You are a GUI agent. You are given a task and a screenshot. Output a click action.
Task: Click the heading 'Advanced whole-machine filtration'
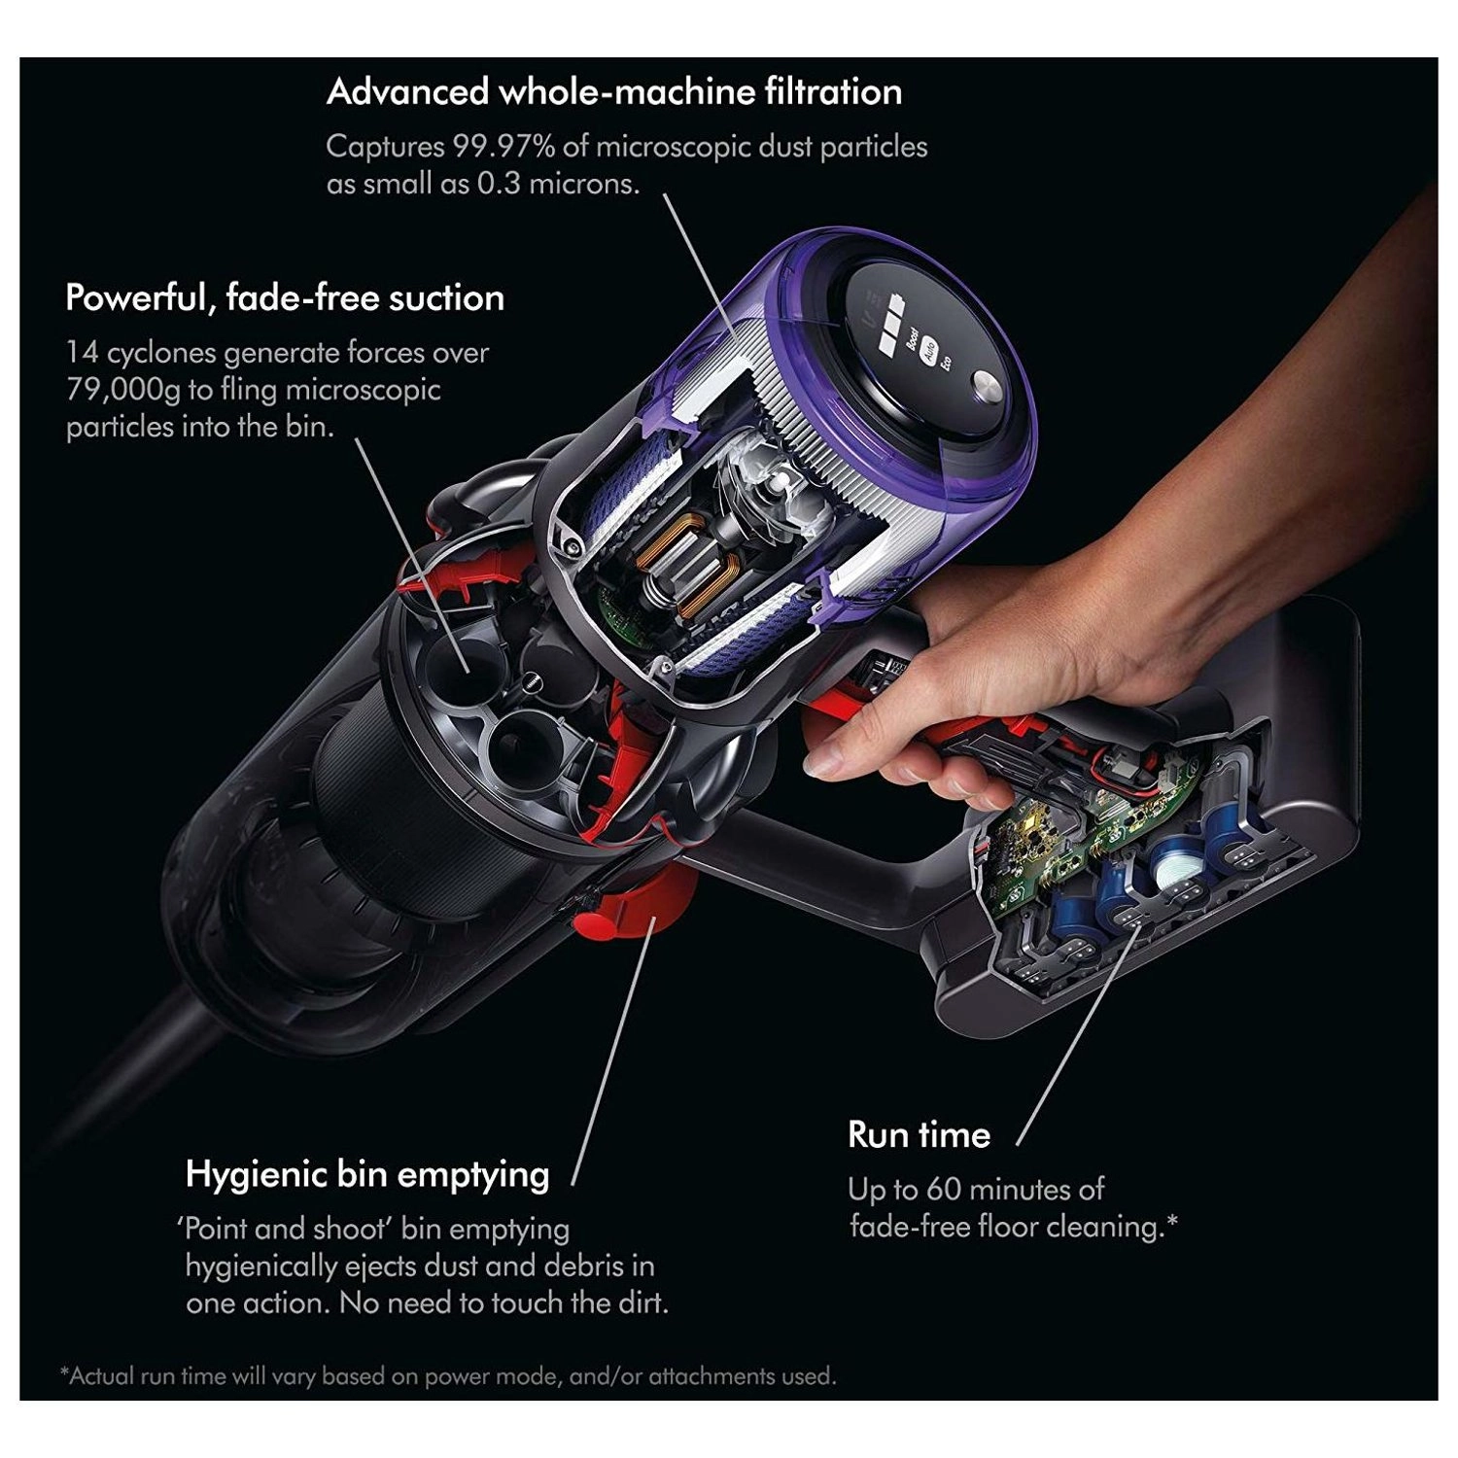(614, 91)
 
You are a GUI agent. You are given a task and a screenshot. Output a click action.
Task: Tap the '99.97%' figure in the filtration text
(503, 147)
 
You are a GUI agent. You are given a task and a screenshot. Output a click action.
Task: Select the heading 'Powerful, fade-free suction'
(285, 297)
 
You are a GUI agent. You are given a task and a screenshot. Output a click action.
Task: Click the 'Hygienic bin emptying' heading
(367, 1174)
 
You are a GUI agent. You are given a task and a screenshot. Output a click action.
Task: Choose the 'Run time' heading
(919, 1134)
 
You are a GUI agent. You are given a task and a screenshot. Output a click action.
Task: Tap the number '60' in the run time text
(944, 1189)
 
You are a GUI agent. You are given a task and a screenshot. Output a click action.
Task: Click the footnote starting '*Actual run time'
(448, 1375)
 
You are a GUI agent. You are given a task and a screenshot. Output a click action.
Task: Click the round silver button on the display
(987, 388)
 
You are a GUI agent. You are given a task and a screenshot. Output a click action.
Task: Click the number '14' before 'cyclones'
(82, 353)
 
